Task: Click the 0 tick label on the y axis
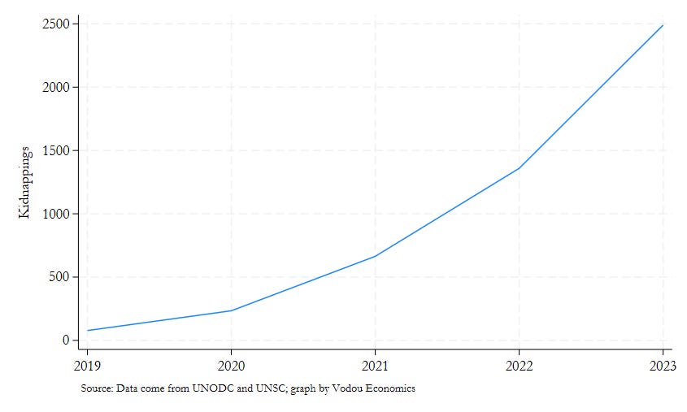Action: [x=64, y=340]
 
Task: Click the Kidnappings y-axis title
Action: [x=26, y=182]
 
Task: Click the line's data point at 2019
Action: [x=88, y=331]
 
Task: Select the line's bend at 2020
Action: [x=232, y=310]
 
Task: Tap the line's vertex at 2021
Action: [x=376, y=256]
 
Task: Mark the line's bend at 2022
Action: [x=520, y=168]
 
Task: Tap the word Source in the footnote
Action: [x=95, y=388]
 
